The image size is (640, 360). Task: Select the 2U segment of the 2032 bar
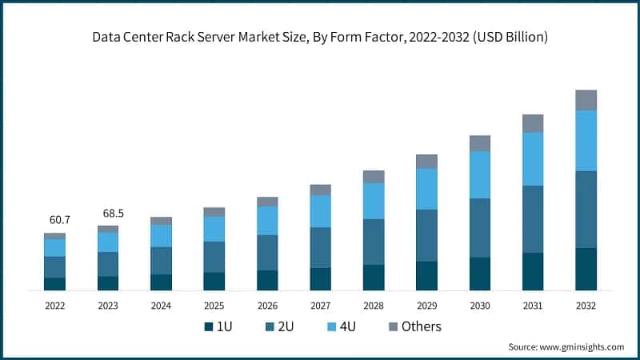pos(586,209)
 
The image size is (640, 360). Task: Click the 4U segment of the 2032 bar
pos(586,141)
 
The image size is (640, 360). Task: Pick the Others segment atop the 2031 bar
pos(533,123)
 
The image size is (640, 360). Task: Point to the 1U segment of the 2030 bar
pos(480,273)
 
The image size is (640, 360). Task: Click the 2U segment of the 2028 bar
pos(374,242)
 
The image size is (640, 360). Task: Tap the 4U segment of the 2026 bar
pos(267,220)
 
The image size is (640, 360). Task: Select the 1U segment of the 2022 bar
pos(54,283)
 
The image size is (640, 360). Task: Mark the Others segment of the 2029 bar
pos(426,161)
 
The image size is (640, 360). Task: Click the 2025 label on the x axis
pos(214,306)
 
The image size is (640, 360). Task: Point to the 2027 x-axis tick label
pos(320,306)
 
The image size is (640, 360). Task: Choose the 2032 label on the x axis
pos(586,306)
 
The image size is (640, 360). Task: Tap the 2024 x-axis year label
pos(161,306)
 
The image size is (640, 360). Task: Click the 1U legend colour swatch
pos(209,326)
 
